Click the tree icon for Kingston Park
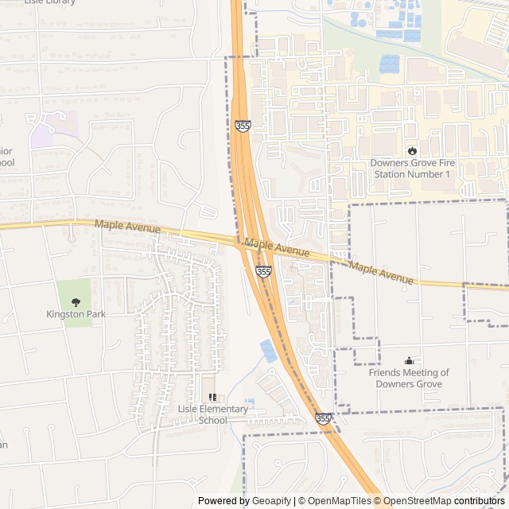(76, 302)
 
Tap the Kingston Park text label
(76, 314)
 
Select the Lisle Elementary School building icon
(212, 397)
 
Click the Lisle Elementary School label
(212, 414)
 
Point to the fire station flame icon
(411, 150)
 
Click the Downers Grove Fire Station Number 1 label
(410, 168)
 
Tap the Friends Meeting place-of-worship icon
(409, 360)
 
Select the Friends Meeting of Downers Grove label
(409, 378)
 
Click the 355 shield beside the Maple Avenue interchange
(263, 272)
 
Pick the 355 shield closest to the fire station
(242, 126)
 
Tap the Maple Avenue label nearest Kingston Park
(127, 227)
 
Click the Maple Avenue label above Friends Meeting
(381, 274)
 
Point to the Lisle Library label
(49, 2)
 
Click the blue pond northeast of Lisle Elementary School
(269, 350)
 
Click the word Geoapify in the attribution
(271, 501)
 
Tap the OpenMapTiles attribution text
(340, 501)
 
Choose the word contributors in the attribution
(480, 501)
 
